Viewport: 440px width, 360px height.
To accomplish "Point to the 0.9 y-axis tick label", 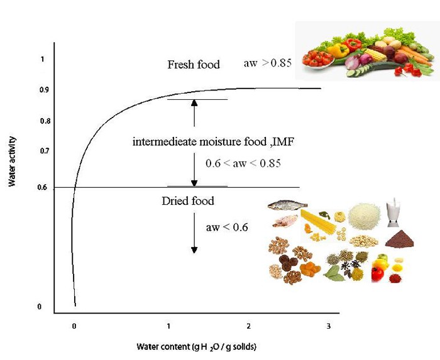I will point(43,90).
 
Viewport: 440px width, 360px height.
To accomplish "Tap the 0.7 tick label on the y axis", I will point(43,151).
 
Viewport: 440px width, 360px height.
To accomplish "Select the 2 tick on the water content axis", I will point(249,326).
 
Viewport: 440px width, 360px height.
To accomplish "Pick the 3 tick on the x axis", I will point(328,326).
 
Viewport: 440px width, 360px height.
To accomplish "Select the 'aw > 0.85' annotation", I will point(267,64).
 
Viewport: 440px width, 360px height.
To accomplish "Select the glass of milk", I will point(394,213).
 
